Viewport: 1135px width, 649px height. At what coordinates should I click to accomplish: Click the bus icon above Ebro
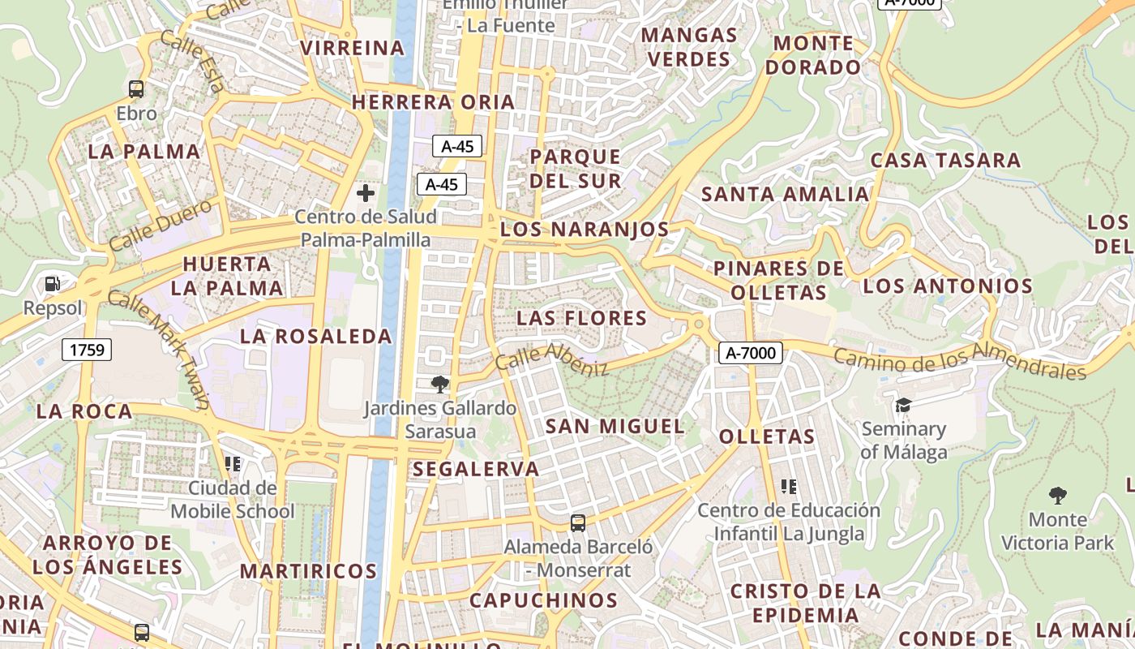point(136,89)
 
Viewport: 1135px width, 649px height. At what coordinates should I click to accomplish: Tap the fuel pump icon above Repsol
point(53,284)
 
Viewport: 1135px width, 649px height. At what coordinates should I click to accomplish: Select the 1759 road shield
point(87,350)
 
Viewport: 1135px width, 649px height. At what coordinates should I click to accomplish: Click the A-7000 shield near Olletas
point(751,353)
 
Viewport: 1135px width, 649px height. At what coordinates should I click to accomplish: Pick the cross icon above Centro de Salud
point(366,193)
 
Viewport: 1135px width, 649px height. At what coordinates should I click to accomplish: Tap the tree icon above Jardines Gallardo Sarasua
point(440,384)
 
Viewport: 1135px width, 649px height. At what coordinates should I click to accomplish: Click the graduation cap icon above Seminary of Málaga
point(903,405)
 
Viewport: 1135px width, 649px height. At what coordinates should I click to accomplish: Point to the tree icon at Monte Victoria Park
point(1057,495)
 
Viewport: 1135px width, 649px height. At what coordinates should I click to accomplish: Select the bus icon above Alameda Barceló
point(578,523)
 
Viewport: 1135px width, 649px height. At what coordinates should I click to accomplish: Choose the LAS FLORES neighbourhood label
point(581,318)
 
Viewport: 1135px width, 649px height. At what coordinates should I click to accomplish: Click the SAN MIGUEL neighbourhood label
point(615,426)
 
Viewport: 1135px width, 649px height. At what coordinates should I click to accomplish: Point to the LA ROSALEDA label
point(316,336)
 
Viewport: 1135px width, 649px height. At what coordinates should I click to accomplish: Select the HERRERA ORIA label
point(433,102)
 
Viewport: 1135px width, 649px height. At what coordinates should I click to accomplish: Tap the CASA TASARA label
point(945,160)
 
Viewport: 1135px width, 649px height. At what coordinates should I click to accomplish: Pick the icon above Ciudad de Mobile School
point(233,464)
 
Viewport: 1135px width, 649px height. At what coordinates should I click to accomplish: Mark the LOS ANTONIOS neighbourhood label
point(947,286)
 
